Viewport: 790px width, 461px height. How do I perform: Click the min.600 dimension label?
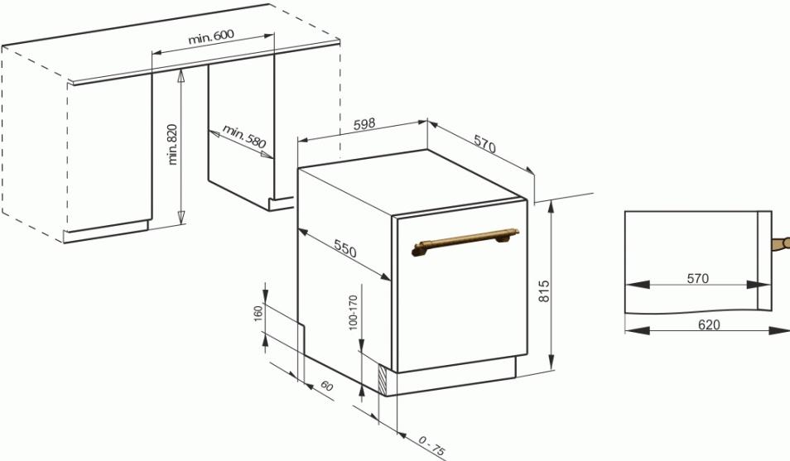click(211, 36)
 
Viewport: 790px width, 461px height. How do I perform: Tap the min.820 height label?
click(173, 144)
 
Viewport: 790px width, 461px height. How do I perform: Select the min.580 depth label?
click(243, 137)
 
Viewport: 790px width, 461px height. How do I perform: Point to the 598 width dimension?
click(364, 124)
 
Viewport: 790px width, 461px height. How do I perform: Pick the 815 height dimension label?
click(544, 291)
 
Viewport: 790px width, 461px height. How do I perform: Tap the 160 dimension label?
click(258, 314)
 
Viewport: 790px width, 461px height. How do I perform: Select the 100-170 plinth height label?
click(353, 312)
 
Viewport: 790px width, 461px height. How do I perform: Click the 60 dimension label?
click(327, 387)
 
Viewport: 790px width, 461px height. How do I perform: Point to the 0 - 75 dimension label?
click(431, 446)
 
